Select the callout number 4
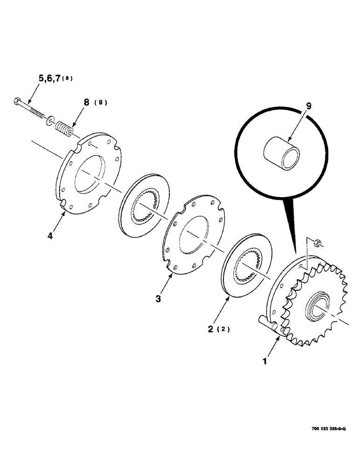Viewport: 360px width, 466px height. click(50, 235)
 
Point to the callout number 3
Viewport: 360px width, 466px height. click(158, 298)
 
